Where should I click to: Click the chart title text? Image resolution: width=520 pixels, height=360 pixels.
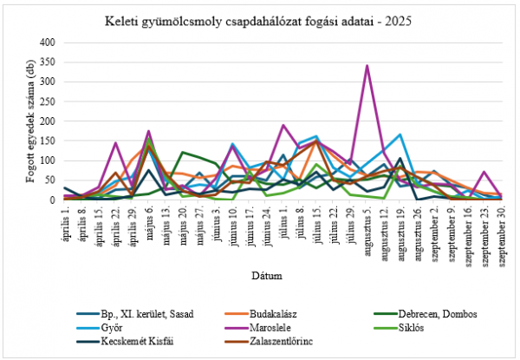tap(259, 19)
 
